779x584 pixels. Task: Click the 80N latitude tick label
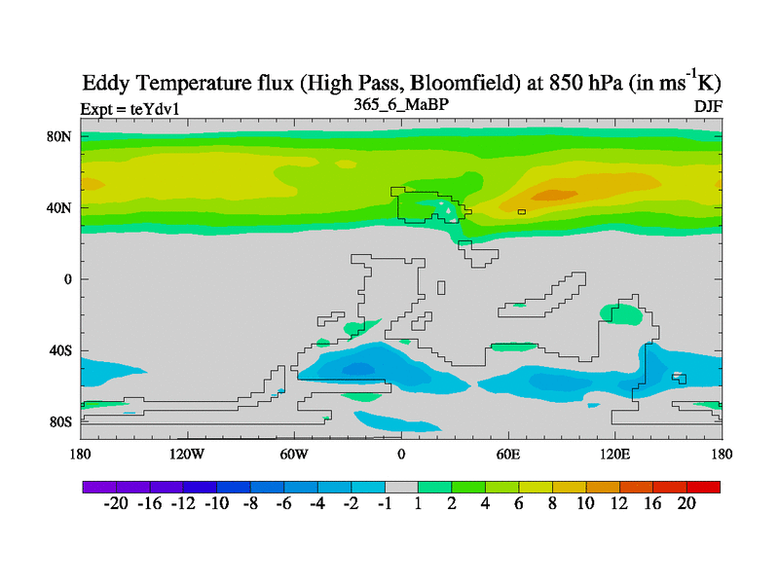coord(60,136)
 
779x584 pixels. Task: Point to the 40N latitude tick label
coord(60,207)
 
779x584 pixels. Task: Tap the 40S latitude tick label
coord(60,350)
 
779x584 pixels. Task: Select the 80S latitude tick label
coord(60,422)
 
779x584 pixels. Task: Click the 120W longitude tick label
coord(186,454)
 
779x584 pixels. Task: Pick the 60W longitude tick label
coord(293,454)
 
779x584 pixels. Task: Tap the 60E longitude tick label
coord(507,454)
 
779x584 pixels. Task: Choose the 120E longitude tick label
coord(614,454)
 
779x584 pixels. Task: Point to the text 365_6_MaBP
coord(400,103)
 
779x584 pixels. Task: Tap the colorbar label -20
coord(116,504)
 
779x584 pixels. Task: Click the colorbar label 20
coord(686,504)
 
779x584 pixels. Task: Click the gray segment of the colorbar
coord(401,486)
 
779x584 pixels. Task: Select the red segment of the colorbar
coord(703,486)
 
